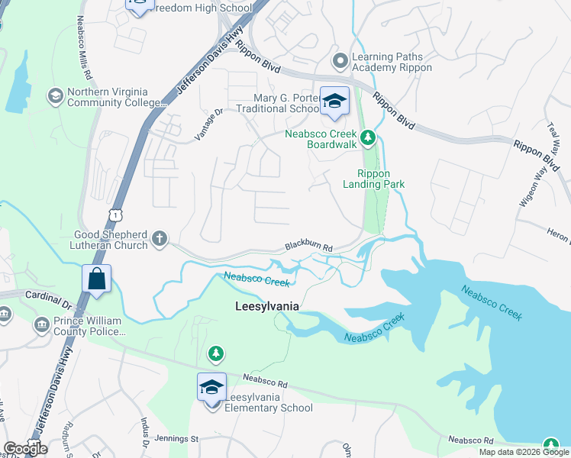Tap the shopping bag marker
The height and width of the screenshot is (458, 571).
98,279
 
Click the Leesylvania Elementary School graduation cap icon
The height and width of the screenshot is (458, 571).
211,387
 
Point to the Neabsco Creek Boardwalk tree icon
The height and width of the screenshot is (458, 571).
368,138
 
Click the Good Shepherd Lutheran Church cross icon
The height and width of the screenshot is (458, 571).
160,239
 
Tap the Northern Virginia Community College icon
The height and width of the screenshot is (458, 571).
55,96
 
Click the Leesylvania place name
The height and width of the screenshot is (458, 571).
265,305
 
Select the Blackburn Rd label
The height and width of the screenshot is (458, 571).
309,247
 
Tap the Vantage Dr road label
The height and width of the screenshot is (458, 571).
208,124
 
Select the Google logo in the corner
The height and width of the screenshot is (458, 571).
25,449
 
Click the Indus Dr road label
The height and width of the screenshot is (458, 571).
144,431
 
